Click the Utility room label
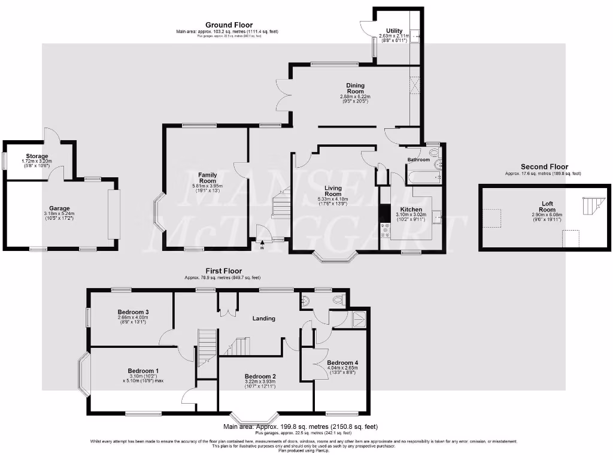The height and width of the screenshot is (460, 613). tap(394, 31)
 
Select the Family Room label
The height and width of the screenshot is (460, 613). tap(207, 178)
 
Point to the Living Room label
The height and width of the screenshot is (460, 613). tap(333, 191)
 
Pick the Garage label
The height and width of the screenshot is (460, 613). tap(60, 208)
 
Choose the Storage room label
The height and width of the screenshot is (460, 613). tap(37, 156)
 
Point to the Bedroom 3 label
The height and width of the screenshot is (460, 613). tap(133, 312)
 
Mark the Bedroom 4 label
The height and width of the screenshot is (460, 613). tap(342, 363)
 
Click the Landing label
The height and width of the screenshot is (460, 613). tap(263, 318)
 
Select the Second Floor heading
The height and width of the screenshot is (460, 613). tap(544, 167)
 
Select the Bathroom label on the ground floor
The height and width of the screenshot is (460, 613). tap(418, 160)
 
